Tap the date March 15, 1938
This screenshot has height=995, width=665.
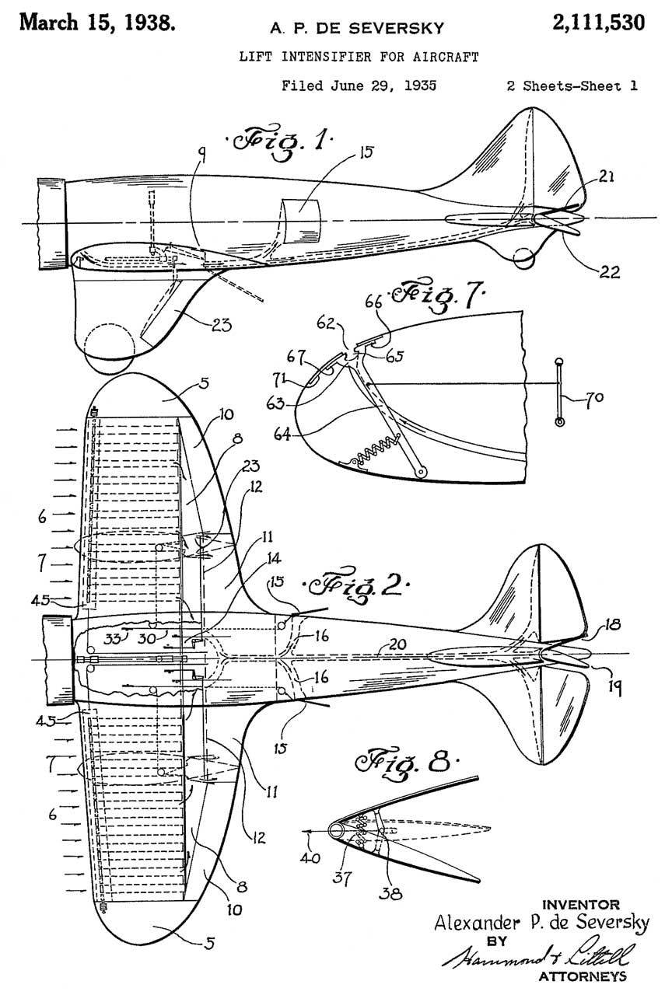(97, 22)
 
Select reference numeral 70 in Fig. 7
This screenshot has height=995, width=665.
(590, 401)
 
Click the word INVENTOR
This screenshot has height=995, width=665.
(580, 904)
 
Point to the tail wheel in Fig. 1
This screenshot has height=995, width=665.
(523, 254)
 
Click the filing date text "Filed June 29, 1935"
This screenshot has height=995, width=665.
(359, 86)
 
